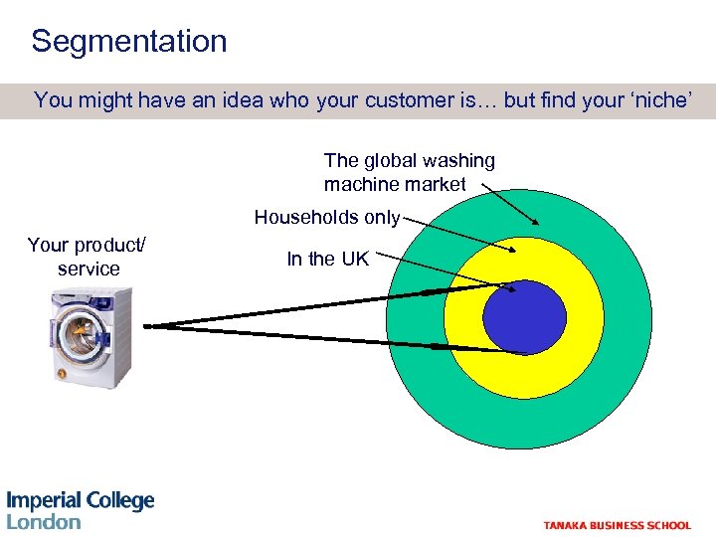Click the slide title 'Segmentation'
[x=129, y=42]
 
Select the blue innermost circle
[x=524, y=318]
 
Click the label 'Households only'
[x=327, y=217]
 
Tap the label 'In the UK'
[x=327, y=260]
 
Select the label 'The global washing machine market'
[x=409, y=172]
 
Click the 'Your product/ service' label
[x=88, y=257]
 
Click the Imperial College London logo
[x=80, y=509]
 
